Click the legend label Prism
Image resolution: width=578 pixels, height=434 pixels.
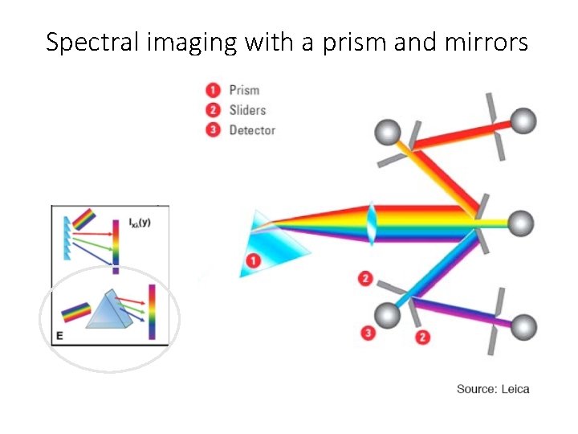coord(244,90)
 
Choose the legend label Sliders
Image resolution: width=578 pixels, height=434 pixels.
coord(247,110)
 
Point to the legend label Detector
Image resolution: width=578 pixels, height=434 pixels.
coord(252,130)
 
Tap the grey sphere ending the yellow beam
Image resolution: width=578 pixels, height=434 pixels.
coord(522,223)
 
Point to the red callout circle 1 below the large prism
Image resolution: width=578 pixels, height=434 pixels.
coord(253,260)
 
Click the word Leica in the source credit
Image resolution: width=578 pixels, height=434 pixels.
coord(515,389)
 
